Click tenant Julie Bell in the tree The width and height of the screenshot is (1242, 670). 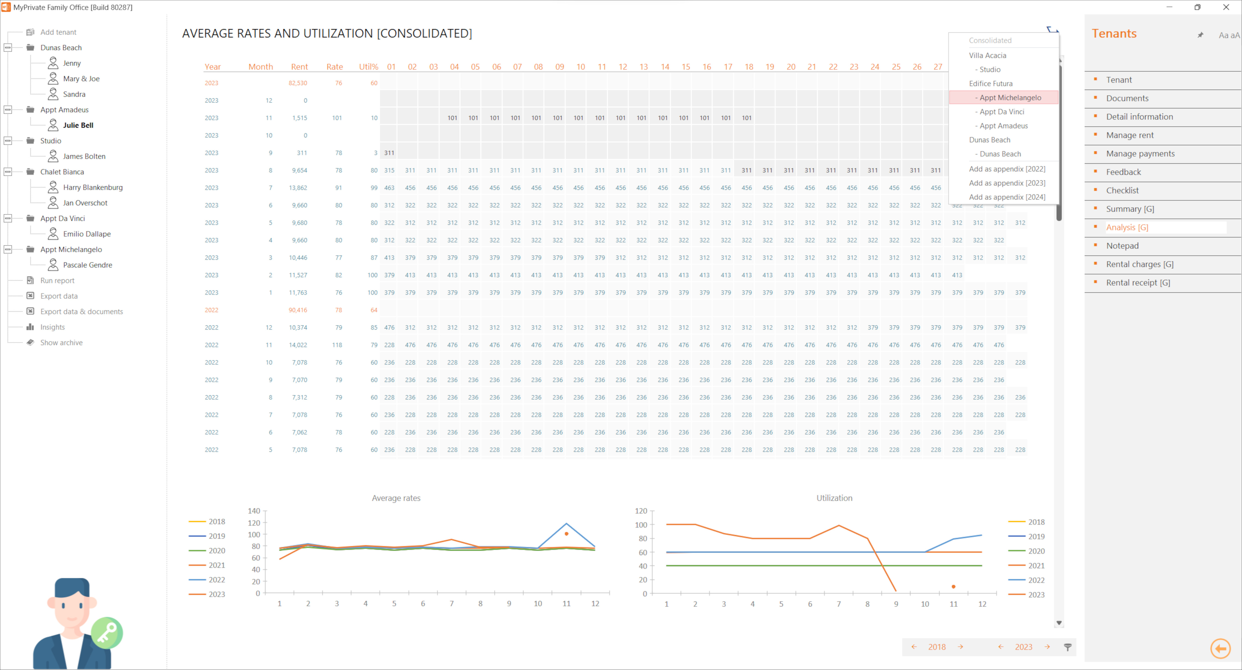pyautogui.click(x=78, y=125)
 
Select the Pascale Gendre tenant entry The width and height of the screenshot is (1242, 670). pyautogui.click(x=87, y=265)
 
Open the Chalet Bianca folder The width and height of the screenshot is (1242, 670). pyautogui.click(x=62, y=172)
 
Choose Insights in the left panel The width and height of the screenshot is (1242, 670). pyautogui.click(x=52, y=327)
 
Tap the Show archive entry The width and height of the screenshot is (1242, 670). pyautogui.click(x=61, y=342)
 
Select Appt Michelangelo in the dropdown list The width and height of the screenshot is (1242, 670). pyautogui.click(x=1010, y=97)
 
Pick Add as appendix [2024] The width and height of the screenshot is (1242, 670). pyautogui.click(x=1007, y=197)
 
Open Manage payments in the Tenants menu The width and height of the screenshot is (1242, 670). pyautogui.click(x=1140, y=154)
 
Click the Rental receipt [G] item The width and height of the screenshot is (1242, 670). pyautogui.click(x=1137, y=283)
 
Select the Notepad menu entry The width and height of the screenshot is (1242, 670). pyautogui.click(x=1122, y=246)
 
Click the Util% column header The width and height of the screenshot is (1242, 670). pyautogui.click(x=368, y=67)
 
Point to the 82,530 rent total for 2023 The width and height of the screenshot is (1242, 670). pyautogui.click(x=298, y=83)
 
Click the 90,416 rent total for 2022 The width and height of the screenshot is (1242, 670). pyautogui.click(x=298, y=310)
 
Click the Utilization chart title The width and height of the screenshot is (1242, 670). pyautogui.click(x=834, y=498)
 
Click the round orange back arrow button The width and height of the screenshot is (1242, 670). pyautogui.click(x=1220, y=648)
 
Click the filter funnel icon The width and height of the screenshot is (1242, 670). pyautogui.click(x=1067, y=647)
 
